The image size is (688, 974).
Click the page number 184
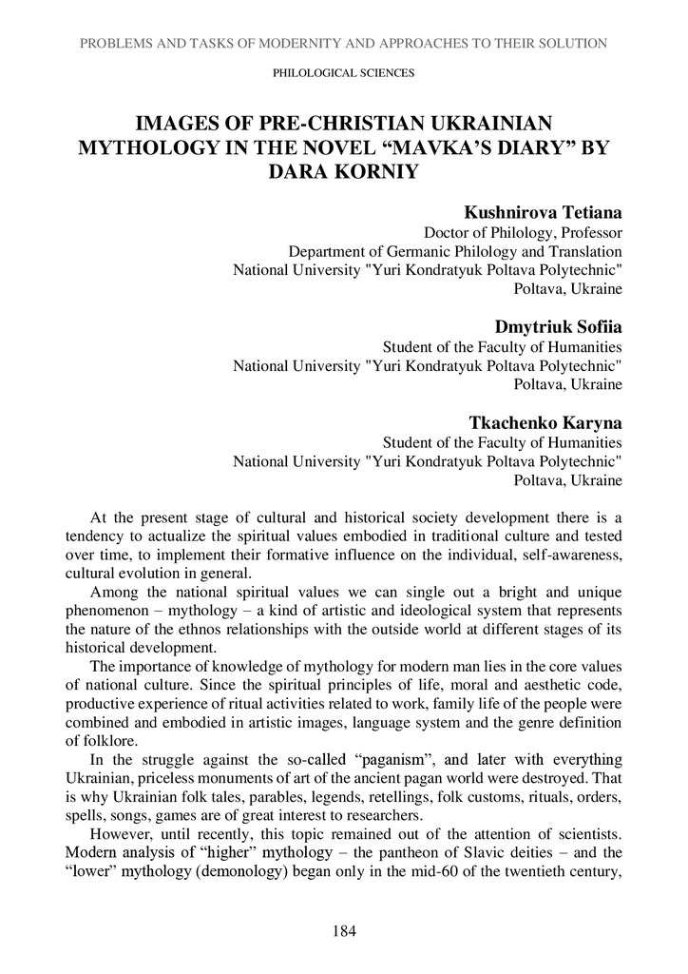[344, 931]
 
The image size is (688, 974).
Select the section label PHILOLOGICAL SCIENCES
[343, 72]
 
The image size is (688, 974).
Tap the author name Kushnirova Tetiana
[544, 211]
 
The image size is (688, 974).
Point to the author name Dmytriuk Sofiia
[559, 327]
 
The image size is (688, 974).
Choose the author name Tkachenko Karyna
[546, 422]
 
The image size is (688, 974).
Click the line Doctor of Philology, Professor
[523, 231]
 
